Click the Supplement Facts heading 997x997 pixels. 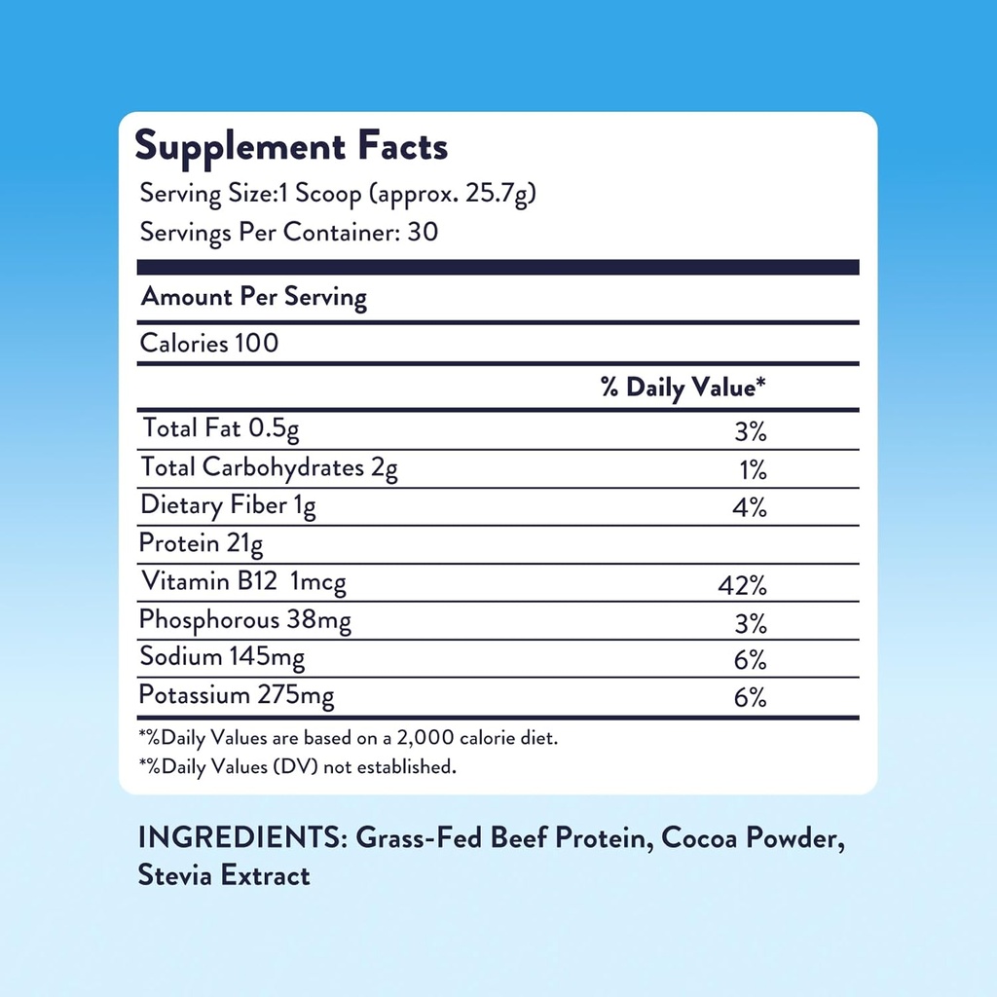tap(291, 146)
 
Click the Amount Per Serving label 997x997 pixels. tap(254, 297)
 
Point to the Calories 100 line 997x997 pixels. tap(209, 343)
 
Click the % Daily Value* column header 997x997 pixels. tap(683, 388)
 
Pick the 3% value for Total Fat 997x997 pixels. tap(751, 431)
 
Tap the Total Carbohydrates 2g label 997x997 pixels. tap(269, 467)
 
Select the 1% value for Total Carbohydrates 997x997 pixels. tap(753, 470)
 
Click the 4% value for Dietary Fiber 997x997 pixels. tap(751, 508)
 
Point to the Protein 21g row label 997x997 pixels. tap(202, 543)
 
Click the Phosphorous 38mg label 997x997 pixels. tap(245, 620)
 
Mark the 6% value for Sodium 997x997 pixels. tap(751, 660)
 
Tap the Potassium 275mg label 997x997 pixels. tap(237, 696)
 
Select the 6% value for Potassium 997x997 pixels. tap(751, 698)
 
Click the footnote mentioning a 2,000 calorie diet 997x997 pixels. tap(349, 738)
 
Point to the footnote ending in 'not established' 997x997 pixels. tap(297, 767)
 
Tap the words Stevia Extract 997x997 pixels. tap(224, 875)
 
